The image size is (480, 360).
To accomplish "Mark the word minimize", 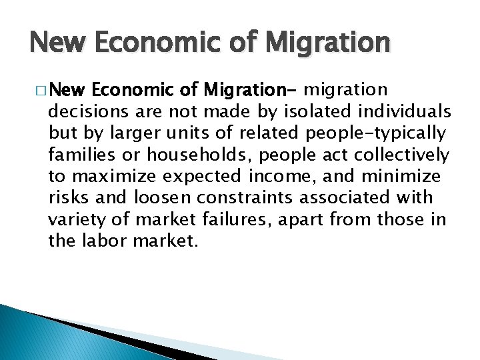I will pos(404,176).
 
